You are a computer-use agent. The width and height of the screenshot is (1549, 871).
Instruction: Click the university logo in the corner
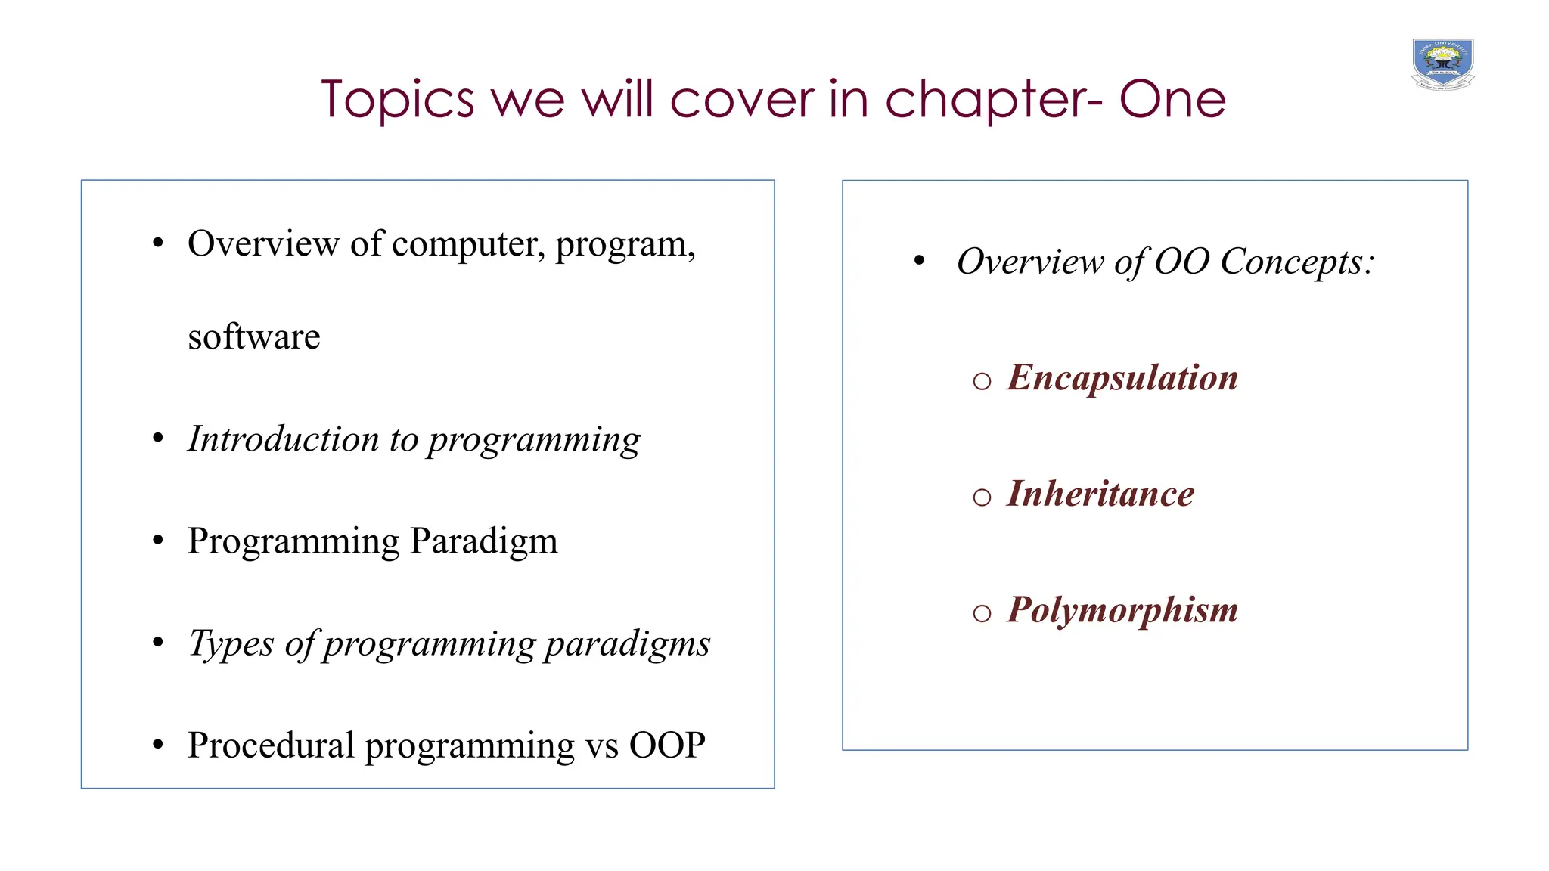1442,65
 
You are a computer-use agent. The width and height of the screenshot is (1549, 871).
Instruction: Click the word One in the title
1172,100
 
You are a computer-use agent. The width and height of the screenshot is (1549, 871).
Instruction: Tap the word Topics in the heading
397,100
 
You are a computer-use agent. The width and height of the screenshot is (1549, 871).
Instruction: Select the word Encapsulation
1122,377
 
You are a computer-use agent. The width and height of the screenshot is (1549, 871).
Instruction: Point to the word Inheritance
1100,494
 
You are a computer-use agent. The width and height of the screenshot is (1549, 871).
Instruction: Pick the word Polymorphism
1122,610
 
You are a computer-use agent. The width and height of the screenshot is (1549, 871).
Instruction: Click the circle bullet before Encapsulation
982,381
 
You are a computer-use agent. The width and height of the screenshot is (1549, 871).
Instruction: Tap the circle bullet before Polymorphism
982,613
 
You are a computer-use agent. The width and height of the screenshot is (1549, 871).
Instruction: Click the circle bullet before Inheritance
982,497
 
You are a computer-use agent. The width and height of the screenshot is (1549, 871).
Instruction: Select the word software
253,337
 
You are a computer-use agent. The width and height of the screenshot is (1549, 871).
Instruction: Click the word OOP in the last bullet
667,745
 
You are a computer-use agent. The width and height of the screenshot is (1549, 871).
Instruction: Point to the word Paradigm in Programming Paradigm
483,542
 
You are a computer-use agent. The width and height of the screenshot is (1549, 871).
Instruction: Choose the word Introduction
283,439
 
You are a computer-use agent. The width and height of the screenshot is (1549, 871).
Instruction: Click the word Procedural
271,745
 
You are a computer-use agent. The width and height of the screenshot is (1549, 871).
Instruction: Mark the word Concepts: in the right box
1296,262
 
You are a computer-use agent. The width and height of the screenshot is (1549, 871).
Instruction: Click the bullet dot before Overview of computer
157,243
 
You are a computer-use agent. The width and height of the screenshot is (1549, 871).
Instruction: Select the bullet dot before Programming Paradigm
157,541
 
